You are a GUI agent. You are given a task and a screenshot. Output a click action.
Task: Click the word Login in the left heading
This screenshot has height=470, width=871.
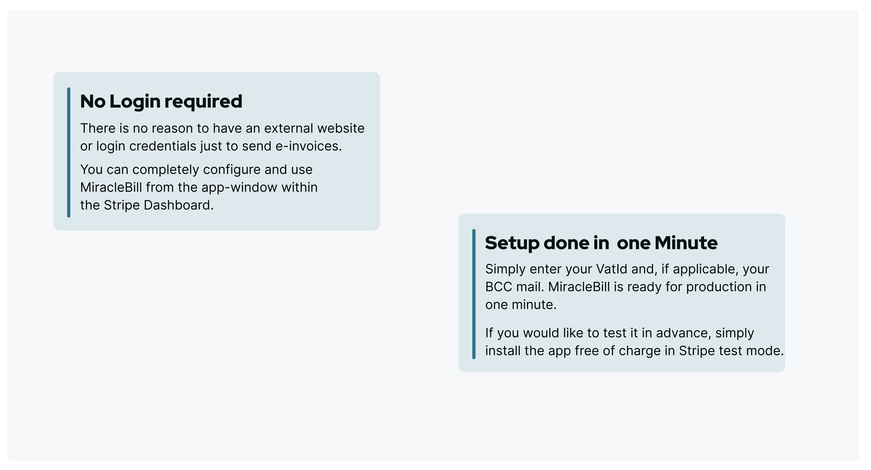coord(135,102)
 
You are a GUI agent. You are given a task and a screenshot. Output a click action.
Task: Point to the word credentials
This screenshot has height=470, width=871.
coord(163,146)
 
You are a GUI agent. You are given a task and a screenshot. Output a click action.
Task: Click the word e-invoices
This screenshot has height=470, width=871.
coord(308,146)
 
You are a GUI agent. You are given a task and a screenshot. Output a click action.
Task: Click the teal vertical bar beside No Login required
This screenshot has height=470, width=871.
coord(69,152)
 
